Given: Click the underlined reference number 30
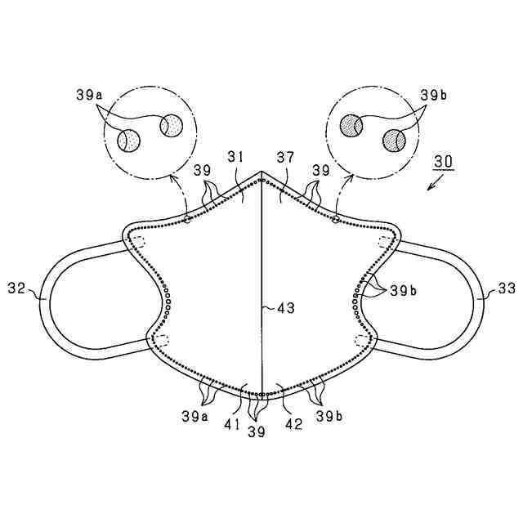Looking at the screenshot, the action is [x=444, y=162].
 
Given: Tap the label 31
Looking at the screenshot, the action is [x=235, y=157].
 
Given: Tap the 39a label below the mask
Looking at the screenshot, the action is [x=194, y=415].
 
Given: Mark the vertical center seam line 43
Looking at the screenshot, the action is [x=261, y=270].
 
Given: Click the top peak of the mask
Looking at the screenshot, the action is [x=261, y=172].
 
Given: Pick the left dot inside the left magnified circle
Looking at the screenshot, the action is [x=128, y=141].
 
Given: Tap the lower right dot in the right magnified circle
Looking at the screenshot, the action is [x=393, y=141].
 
